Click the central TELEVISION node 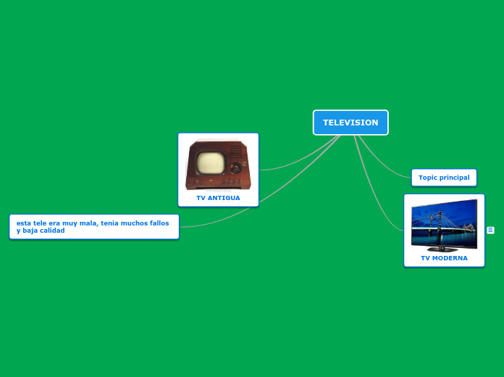(350, 123)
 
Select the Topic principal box (444, 178)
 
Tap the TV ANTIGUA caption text (218, 198)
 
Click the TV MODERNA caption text (444, 258)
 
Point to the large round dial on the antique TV (235, 167)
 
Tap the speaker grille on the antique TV (236, 151)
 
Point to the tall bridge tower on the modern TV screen (440, 218)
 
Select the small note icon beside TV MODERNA (490, 231)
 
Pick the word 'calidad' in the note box (52, 231)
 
